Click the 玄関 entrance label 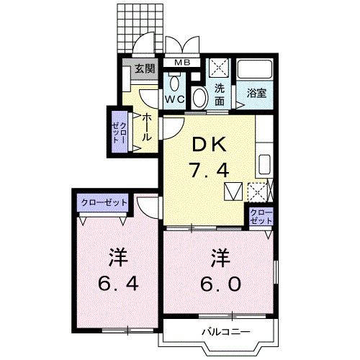tap(144, 70)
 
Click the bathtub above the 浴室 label tap(256, 71)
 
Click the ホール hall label tap(146, 126)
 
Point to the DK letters tap(210, 144)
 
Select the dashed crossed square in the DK tap(257, 192)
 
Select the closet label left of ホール tap(118, 130)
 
